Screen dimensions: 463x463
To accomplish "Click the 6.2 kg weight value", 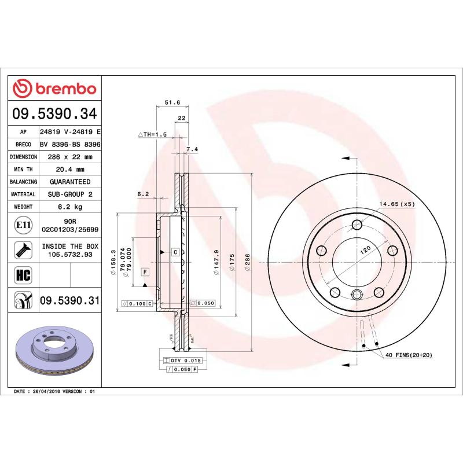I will [69, 207].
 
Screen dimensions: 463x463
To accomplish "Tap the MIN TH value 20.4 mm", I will [69, 170].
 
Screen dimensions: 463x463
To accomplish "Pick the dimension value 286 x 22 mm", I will [69, 157].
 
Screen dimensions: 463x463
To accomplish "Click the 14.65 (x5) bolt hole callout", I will [397, 204].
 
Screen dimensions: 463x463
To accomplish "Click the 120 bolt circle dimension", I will [365, 251].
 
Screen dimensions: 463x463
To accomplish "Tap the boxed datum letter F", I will [144, 271].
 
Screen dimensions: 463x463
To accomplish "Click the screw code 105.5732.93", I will [70, 254].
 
